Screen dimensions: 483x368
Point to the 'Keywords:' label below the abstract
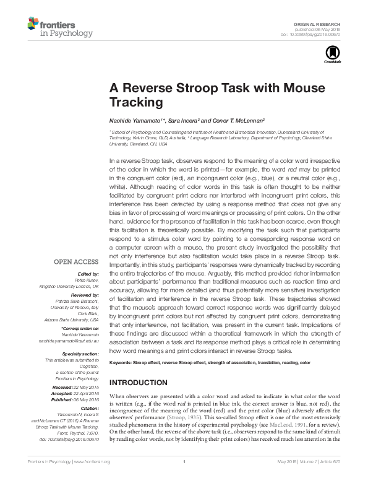click(124, 361)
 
